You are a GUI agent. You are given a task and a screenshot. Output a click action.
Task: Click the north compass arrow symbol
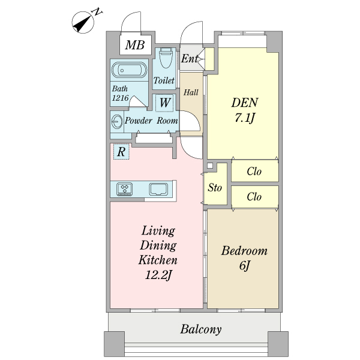tap(83, 23)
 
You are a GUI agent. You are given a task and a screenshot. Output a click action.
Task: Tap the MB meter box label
tap(135, 45)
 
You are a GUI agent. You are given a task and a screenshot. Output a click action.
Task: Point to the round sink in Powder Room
tap(116, 121)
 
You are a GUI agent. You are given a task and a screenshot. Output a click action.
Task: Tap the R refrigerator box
tap(121, 152)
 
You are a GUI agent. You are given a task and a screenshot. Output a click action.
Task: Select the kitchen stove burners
tap(125, 189)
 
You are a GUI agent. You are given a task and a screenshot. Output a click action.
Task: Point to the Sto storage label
tap(215, 188)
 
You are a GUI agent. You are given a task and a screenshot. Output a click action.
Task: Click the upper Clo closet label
tap(254, 172)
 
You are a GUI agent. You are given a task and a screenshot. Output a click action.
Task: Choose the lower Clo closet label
tap(254, 196)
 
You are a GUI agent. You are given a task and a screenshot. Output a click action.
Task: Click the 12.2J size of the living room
tap(158, 275)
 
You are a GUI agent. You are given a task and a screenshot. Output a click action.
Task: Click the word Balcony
tap(201, 329)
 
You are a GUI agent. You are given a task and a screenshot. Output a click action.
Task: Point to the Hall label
tap(191, 92)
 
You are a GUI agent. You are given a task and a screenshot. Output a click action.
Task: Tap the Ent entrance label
tap(190, 59)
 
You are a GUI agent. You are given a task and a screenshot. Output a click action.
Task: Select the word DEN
tap(244, 102)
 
